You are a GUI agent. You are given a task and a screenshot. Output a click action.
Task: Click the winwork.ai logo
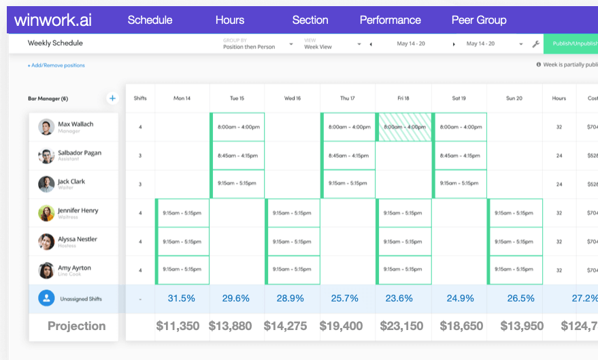tap(52, 20)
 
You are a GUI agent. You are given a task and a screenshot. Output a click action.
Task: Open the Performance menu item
tap(390, 20)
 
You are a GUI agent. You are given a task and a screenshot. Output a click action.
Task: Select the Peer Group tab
tap(479, 20)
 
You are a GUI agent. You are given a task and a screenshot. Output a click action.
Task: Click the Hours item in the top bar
tap(230, 20)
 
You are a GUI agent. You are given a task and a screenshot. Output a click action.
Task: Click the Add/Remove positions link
tap(56, 65)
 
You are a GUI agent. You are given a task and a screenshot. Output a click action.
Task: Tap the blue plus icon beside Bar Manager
tap(112, 98)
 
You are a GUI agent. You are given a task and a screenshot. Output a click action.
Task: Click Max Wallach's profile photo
tap(46, 127)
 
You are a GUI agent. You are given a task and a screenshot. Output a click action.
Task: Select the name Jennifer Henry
tap(79, 211)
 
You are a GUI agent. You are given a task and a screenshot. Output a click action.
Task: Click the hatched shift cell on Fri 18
tap(403, 127)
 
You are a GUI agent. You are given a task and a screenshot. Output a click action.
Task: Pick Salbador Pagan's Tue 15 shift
tap(237, 156)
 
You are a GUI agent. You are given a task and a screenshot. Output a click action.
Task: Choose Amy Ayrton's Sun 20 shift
tap(515, 270)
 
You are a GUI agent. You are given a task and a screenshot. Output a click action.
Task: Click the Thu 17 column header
tap(348, 98)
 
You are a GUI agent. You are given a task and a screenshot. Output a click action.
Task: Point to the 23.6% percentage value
tap(403, 298)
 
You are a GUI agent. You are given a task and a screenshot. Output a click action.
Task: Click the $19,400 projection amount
tap(348, 326)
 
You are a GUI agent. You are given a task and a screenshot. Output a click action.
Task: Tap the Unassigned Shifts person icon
tap(46, 298)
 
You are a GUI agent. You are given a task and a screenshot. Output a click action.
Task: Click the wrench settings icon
tap(535, 44)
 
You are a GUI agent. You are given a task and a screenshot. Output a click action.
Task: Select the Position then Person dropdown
tap(258, 44)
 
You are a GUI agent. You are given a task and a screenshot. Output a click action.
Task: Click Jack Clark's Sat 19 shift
tap(459, 184)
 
